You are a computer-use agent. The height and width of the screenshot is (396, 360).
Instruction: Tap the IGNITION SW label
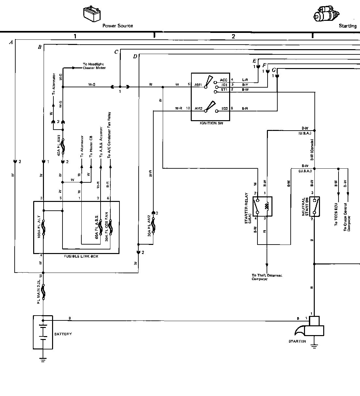210,123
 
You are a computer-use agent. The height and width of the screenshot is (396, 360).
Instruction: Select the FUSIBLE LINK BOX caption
81,256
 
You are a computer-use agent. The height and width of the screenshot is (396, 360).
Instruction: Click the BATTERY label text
63,334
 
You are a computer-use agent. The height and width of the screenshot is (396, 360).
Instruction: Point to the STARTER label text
297,341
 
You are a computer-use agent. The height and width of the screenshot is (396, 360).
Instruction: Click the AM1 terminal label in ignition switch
199,85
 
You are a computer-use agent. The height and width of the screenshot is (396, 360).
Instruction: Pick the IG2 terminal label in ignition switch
225,108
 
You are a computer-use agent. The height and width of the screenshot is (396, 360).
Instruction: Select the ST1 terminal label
224,89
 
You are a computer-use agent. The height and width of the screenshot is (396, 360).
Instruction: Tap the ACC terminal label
224,80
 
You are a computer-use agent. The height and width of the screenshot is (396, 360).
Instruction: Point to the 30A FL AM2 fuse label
149,230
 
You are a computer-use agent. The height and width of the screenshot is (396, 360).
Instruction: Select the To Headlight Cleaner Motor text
94,66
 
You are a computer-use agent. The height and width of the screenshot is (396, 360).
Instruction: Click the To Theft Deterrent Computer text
267,277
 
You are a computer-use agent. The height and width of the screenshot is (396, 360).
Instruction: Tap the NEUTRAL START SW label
305,207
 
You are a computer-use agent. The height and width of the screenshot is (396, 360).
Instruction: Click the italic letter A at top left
11,42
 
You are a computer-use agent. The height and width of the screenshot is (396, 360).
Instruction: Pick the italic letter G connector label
273,70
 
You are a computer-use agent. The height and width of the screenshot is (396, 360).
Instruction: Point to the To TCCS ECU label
336,215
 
